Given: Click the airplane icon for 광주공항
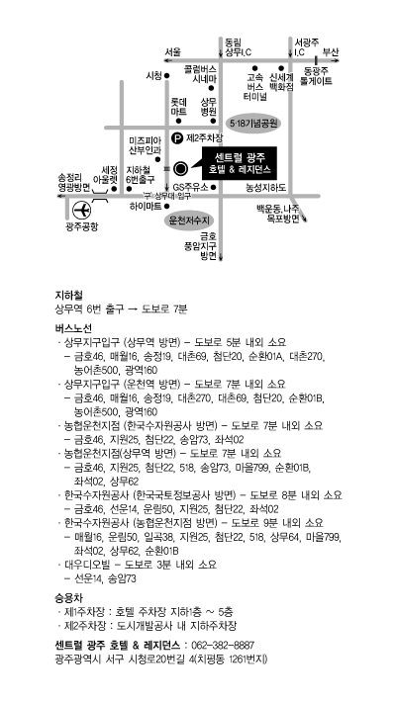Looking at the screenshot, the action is pyautogui.click(x=82, y=211).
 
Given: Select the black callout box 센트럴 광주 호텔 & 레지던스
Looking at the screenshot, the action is pyautogui.click(x=239, y=162).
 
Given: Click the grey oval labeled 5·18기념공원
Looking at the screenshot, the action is pyautogui.click(x=254, y=123).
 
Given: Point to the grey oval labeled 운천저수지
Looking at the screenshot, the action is pyautogui.click(x=189, y=220).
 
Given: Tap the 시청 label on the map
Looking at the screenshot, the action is pyautogui.click(x=153, y=75).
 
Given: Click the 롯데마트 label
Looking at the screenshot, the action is pyautogui.click(x=178, y=107).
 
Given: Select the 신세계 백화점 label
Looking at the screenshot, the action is pyautogui.click(x=281, y=81).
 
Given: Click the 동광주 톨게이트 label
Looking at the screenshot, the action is pyautogui.click(x=317, y=76).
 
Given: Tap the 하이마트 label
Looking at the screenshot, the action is pyautogui.click(x=146, y=206).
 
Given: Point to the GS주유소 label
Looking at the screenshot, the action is pyautogui.click(x=191, y=187).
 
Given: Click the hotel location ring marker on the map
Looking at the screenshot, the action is pyautogui.click(x=181, y=169).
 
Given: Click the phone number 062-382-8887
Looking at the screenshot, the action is pyautogui.click(x=223, y=646).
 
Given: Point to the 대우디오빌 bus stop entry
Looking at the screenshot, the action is pyautogui.click(x=141, y=565).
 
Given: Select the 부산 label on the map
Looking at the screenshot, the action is pyautogui.click(x=331, y=51).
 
